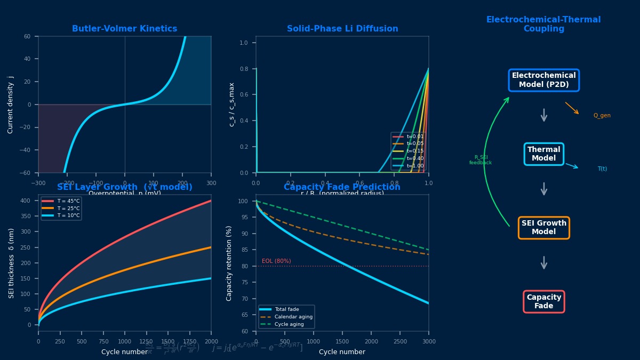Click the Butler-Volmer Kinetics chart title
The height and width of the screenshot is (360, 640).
[x=124, y=29]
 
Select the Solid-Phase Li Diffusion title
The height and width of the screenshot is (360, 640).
[x=342, y=29]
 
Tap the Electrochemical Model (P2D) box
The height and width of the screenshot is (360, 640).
[x=543, y=80]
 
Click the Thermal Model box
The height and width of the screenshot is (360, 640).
[x=543, y=154]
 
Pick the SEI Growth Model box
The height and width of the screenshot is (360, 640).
[x=543, y=228]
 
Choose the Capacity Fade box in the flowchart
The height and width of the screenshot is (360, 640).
[x=543, y=301]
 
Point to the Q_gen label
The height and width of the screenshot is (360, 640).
[x=602, y=116]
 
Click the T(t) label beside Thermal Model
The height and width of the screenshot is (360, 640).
[x=602, y=169]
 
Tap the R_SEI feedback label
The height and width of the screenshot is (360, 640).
[x=480, y=160]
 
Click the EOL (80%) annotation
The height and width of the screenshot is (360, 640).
[x=276, y=261]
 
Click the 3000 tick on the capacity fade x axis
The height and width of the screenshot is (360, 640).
[x=428, y=341]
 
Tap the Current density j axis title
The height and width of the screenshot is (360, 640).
[x=11, y=105]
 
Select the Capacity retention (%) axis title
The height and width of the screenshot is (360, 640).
[x=229, y=263]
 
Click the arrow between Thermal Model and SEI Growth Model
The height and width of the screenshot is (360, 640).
[x=543, y=189]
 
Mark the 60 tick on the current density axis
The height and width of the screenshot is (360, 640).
[x=27, y=36]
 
